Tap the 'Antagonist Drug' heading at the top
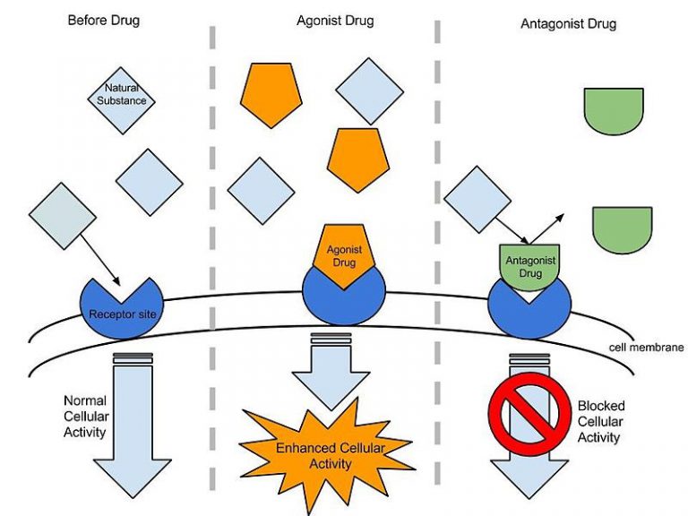[x=568, y=23]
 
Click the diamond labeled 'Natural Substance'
[x=125, y=95]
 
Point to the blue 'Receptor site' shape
[x=122, y=310]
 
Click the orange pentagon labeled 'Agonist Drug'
[x=344, y=253]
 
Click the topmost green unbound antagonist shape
[x=614, y=110]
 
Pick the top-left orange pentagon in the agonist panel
[x=271, y=94]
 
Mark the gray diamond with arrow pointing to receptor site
[x=62, y=216]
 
